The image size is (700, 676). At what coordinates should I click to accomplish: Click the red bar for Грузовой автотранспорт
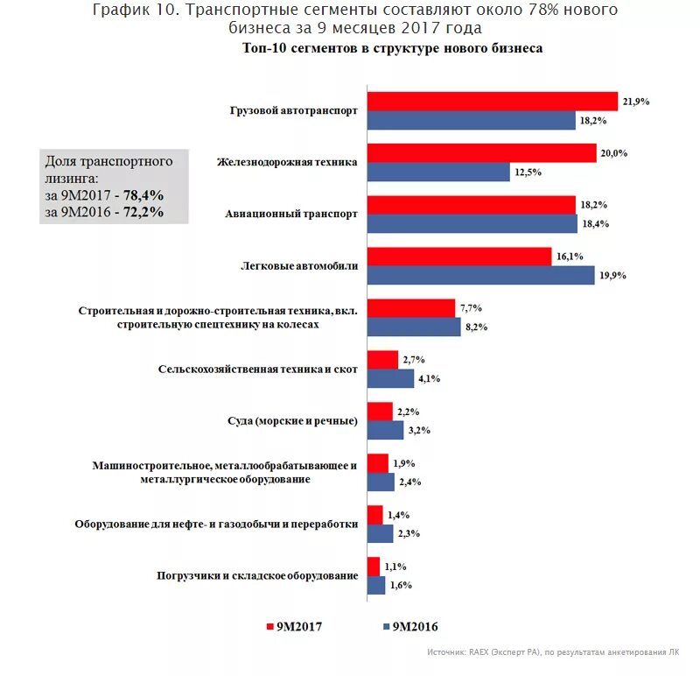(492, 102)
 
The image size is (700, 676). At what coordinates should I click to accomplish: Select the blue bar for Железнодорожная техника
(438, 173)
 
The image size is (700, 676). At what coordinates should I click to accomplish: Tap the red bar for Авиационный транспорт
(471, 205)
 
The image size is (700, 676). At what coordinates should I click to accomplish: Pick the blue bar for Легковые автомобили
(480, 275)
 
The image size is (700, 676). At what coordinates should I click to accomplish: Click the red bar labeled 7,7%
(411, 308)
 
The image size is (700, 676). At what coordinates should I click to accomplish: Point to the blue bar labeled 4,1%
(390, 378)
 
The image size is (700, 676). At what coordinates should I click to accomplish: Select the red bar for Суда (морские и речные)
(380, 412)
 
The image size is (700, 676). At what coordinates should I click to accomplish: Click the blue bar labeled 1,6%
(376, 585)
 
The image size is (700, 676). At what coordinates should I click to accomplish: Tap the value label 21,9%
(635, 102)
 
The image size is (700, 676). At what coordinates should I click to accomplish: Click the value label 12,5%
(528, 173)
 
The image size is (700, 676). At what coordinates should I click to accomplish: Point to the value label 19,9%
(612, 275)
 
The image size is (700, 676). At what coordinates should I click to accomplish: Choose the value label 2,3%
(409, 533)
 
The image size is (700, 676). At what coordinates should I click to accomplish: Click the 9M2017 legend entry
(295, 626)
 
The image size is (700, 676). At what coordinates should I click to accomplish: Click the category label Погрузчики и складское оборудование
(257, 575)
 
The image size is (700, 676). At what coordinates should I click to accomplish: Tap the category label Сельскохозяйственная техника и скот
(258, 370)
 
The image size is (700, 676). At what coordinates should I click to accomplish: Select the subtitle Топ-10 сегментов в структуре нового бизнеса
(392, 48)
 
